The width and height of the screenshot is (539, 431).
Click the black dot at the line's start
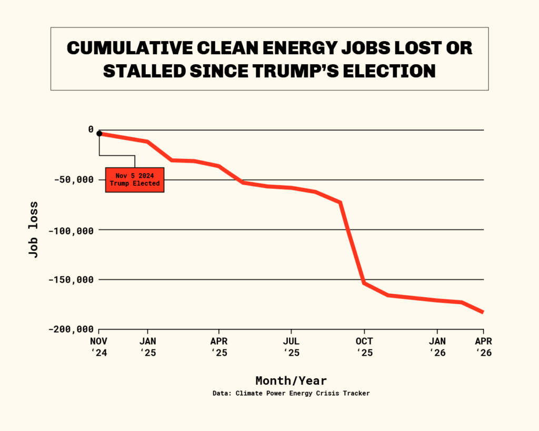pyautogui.click(x=99, y=134)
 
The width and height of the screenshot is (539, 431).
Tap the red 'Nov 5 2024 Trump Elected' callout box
pyautogui.click(x=134, y=179)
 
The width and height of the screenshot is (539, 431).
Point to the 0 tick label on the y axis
pyautogui.click(x=91, y=129)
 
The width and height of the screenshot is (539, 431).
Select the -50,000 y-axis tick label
pyautogui.click(x=75, y=179)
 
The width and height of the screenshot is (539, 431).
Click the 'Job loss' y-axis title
pyautogui.click(x=34, y=229)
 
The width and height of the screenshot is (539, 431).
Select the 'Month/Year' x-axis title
pyautogui.click(x=291, y=380)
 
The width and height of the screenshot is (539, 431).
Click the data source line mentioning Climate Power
pyautogui.click(x=291, y=393)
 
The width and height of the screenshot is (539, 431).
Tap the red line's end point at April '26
pyautogui.click(x=483, y=312)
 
